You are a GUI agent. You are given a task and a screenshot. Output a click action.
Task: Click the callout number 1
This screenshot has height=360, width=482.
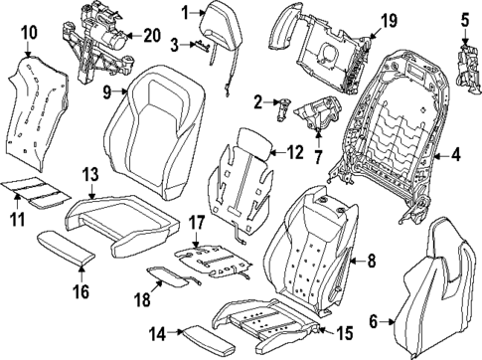pyautogui.click(x=185, y=12)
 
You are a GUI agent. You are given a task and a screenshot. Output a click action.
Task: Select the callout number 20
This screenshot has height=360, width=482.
pyautogui.click(x=150, y=35)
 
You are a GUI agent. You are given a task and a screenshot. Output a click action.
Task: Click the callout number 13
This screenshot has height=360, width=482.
pyautogui.click(x=89, y=176)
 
